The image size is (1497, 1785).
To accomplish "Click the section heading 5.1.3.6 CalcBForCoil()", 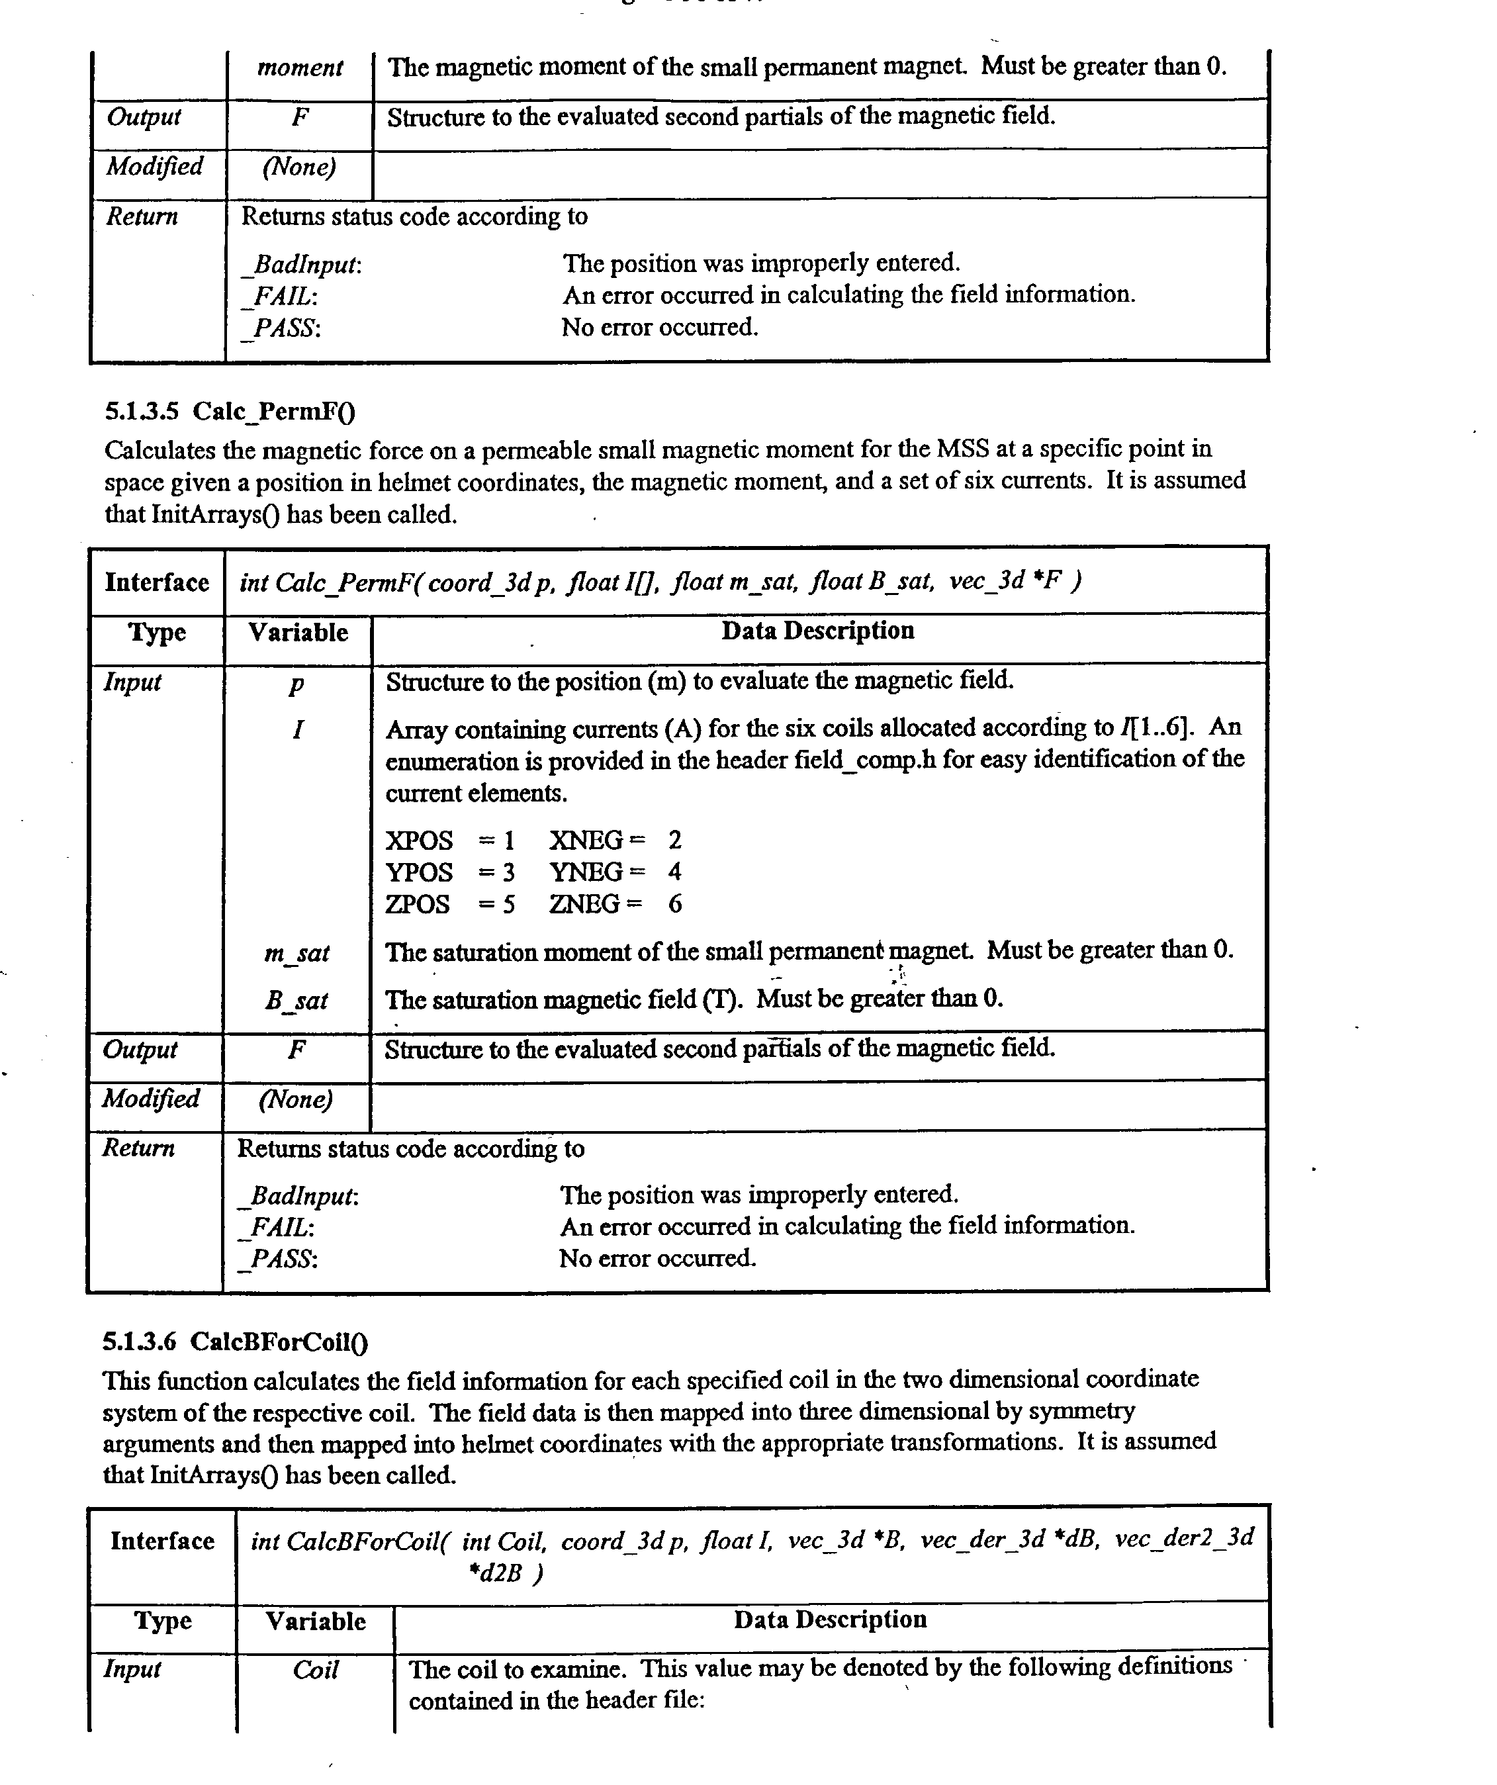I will pyautogui.click(x=236, y=1342).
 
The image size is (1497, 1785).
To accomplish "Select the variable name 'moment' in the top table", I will pyautogui.click(x=299, y=68).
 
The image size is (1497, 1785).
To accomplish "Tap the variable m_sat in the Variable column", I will pyautogui.click(x=296, y=954).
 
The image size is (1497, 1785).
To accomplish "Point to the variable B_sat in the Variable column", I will pyautogui.click(x=296, y=1001).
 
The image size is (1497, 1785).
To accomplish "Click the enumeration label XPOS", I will pyautogui.click(x=419, y=841).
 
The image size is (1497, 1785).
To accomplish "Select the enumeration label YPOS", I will pyautogui.click(x=419, y=872).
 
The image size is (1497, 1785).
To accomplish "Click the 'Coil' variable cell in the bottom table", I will pyautogui.click(x=316, y=1671).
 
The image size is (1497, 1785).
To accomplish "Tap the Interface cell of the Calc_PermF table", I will pyautogui.click(x=156, y=583).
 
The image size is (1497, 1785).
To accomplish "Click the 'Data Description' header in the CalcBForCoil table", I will pyautogui.click(x=830, y=1620).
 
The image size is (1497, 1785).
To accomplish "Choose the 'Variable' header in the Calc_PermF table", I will pyautogui.click(x=298, y=633).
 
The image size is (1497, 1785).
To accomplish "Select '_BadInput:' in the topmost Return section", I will pyautogui.click(x=302, y=265).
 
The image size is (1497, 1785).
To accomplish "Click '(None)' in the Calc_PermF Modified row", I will pyautogui.click(x=296, y=1100).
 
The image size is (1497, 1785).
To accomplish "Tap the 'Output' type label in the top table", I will pyautogui.click(x=143, y=116).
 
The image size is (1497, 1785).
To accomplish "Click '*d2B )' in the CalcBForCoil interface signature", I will pyautogui.click(x=506, y=1573).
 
